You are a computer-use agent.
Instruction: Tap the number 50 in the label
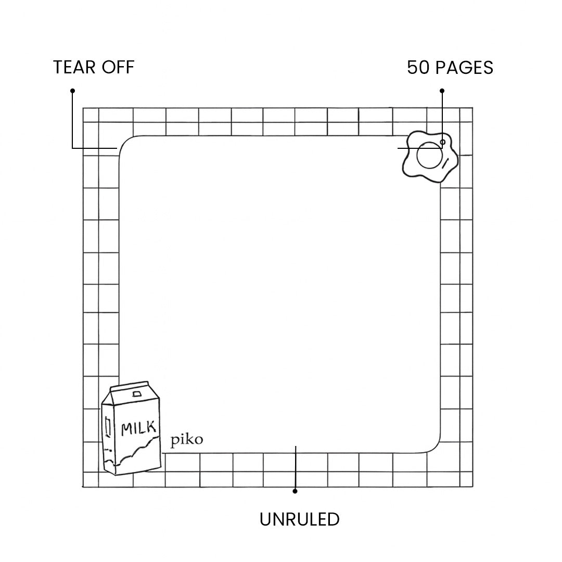click(x=417, y=68)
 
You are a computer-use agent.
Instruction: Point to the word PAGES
click(x=464, y=68)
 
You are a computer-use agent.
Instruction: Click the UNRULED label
click(x=299, y=519)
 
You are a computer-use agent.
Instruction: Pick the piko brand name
click(x=187, y=440)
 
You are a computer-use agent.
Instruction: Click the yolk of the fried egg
click(x=429, y=155)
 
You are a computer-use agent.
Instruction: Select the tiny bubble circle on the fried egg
click(x=443, y=142)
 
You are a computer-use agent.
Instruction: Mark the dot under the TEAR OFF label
click(x=72, y=91)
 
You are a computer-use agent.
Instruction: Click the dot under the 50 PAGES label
click(x=442, y=91)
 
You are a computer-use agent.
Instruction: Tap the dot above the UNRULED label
click(x=295, y=491)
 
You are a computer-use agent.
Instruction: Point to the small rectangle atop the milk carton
click(x=137, y=394)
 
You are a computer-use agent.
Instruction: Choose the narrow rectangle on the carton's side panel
click(x=108, y=427)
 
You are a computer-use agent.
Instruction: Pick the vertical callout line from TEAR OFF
click(x=72, y=120)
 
